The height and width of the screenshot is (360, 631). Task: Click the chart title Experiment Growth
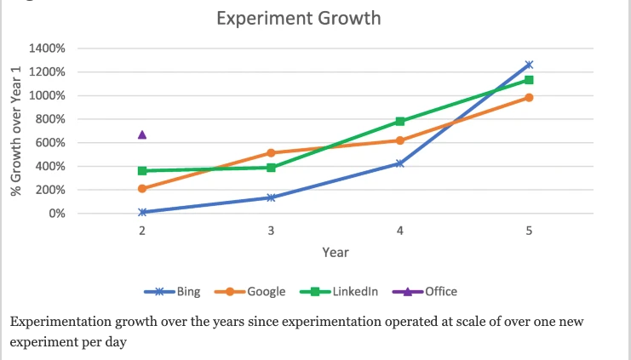click(x=298, y=18)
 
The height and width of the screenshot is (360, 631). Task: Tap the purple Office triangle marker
click(x=142, y=134)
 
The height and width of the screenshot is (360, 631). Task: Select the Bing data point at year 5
click(x=529, y=65)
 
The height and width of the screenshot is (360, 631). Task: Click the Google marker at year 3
click(x=271, y=153)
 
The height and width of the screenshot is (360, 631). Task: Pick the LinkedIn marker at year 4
click(x=400, y=122)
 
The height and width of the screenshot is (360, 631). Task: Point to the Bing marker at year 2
click(x=142, y=212)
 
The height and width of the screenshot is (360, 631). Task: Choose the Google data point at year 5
click(x=529, y=97)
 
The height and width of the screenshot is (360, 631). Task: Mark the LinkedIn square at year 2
click(x=142, y=171)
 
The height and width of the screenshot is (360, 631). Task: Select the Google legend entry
click(x=250, y=291)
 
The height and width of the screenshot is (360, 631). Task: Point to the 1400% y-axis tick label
click(x=48, y=49)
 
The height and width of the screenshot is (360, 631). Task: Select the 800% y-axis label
click(x=50, y=119)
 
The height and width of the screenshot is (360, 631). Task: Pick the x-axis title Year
click(x=336, y=253)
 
